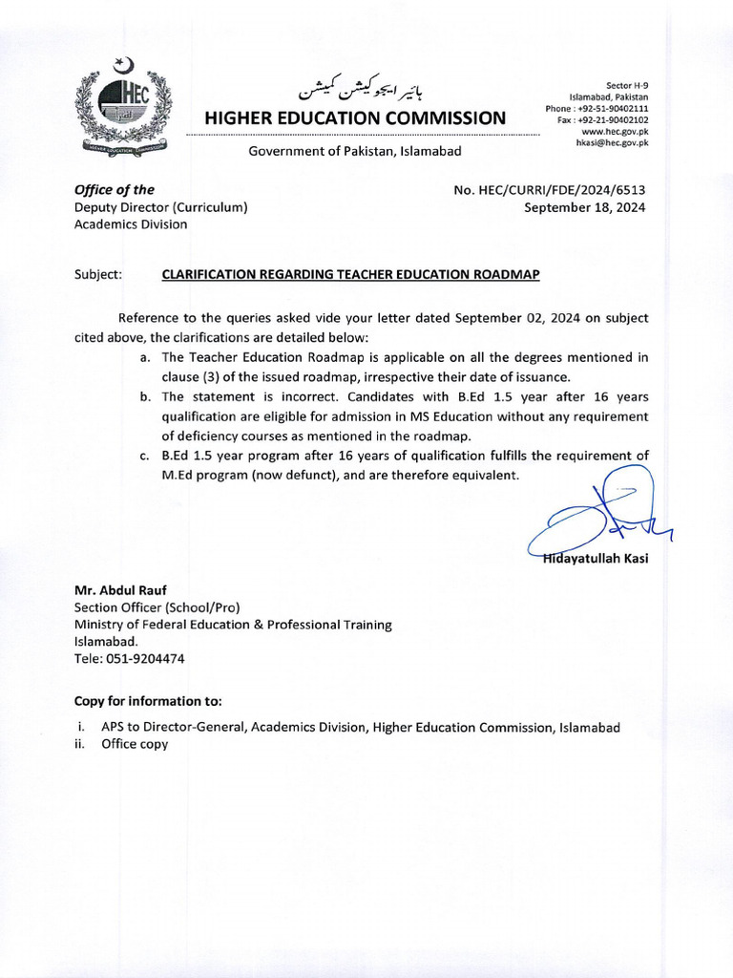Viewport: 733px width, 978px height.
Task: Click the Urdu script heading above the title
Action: [358, 89]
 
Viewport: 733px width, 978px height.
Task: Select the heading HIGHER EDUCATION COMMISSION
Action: [356, 117]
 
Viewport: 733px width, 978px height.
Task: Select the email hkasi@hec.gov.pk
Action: [611, 142]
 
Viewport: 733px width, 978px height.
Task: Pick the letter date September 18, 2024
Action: [585, 207]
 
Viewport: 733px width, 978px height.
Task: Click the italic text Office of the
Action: [114, 190]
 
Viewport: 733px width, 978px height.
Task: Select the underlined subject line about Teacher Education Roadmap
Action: [350, 274]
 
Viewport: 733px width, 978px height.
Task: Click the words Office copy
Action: [135, 744]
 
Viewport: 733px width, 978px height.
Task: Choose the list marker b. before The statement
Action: [143, 396]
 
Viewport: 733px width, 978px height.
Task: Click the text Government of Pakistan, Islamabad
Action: [355, 151]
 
